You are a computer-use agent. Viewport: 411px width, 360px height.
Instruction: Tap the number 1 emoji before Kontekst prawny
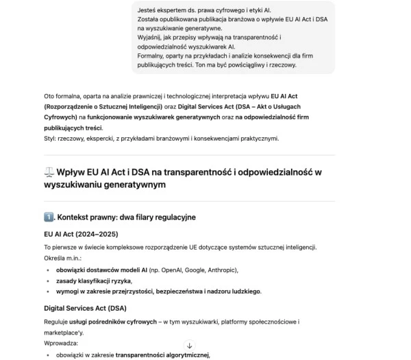pyautogui.click(x=49, y=217)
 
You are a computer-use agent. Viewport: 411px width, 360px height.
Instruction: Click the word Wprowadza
pyautogui.click(x=61, y=341)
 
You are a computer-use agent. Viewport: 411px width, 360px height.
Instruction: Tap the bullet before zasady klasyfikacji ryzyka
pyautogui.click(x=47, y=281)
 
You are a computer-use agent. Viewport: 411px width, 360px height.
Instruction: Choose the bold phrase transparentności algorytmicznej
pyautogui.click(x=162, y=355)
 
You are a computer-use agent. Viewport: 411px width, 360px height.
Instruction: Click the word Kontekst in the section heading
pyautogui.click(x=77, y=217)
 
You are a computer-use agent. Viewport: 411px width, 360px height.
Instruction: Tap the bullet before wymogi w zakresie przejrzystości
pyautogui.click(x=47, y=291)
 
